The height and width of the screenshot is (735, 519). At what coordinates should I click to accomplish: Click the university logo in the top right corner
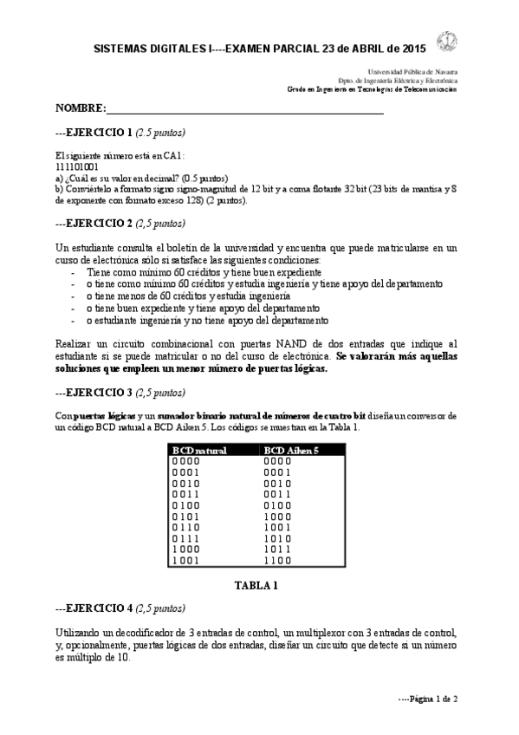click(x=447, y=40)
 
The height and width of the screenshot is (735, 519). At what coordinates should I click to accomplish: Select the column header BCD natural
click(x=198, y=451)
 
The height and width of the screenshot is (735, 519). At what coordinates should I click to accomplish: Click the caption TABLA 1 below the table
click(x=256, y=585)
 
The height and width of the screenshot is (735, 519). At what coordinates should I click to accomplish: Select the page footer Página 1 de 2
click(x=427, y=699)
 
